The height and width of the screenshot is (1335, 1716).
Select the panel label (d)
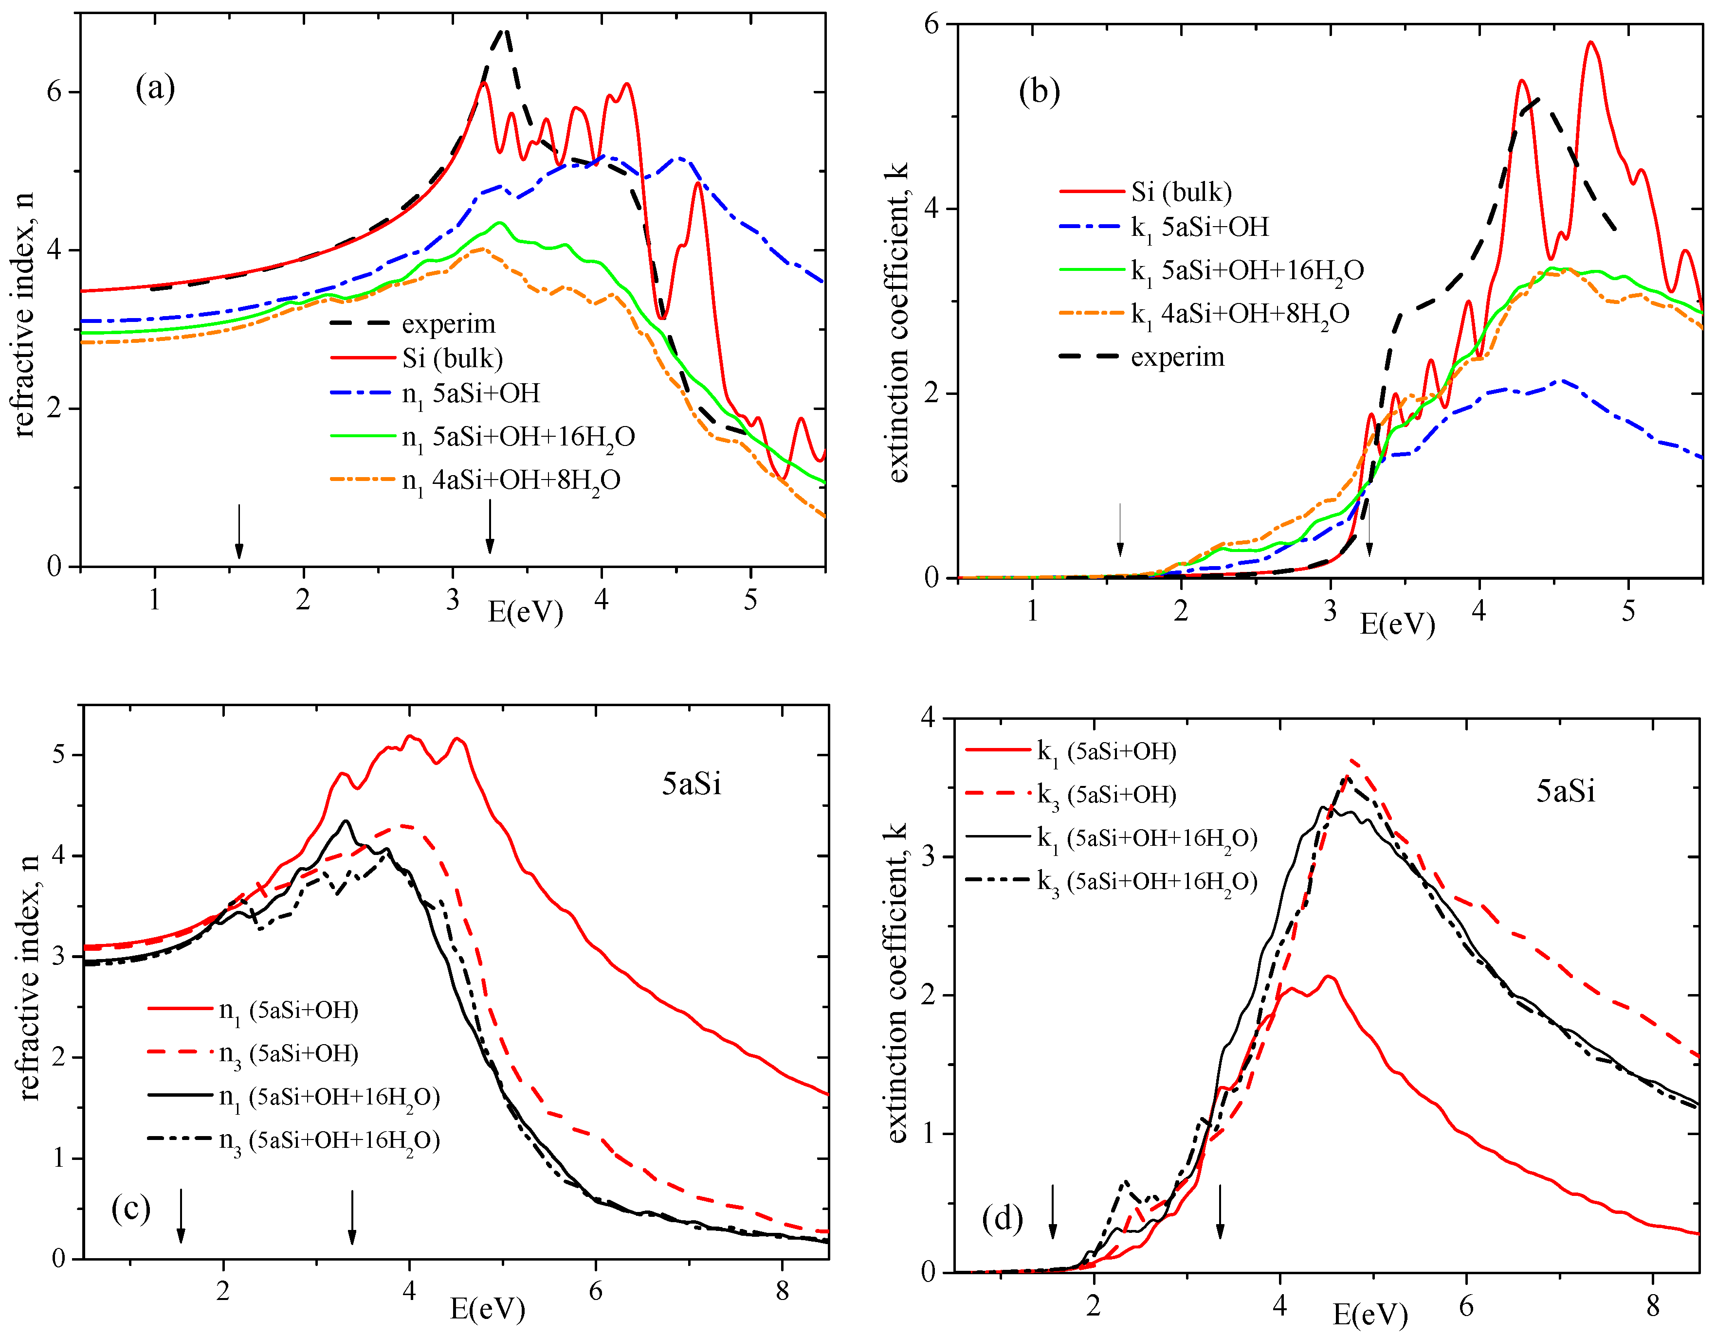pos(1002,1219)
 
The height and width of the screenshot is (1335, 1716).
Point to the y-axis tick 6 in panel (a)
pos(54,92)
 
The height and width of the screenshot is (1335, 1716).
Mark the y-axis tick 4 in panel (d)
pos(929,718)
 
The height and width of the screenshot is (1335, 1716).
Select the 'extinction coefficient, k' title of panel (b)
pos(898,322)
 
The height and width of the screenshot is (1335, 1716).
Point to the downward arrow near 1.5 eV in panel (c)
pos(181,1216)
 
